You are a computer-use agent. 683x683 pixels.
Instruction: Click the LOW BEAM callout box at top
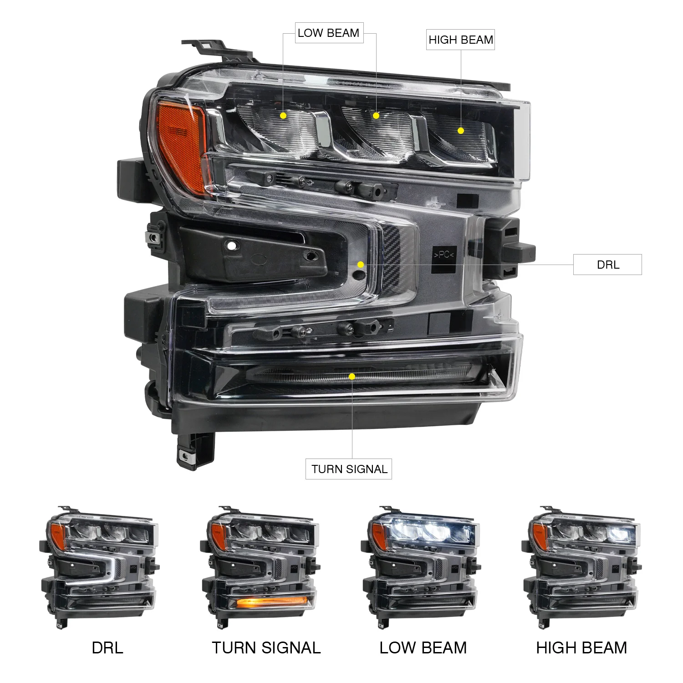click(329, 33)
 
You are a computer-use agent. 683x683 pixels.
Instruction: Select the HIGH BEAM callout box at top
click(460, 40)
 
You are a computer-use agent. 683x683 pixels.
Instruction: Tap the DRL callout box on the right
click(607, 265)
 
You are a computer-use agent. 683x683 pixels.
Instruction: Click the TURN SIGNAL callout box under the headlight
click(349, 469)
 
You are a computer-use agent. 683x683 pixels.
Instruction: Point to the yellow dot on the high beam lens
click(461, 131)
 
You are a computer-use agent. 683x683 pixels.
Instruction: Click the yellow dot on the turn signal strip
click(352, 377)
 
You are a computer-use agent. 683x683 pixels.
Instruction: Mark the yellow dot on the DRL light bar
click(360, 265)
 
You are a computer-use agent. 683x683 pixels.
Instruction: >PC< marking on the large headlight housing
click(444, 255)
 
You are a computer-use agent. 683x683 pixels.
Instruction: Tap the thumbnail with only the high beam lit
click(582, 567)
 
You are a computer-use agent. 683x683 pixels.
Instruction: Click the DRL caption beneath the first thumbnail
click(107, 647)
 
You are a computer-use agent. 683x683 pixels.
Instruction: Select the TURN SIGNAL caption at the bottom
click(266, 647)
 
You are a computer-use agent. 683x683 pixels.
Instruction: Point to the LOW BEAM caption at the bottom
click(423, 647)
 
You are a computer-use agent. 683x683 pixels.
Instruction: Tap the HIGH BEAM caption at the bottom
click(581, 647)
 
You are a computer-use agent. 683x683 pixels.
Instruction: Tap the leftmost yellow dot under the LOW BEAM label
click(283, 116)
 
